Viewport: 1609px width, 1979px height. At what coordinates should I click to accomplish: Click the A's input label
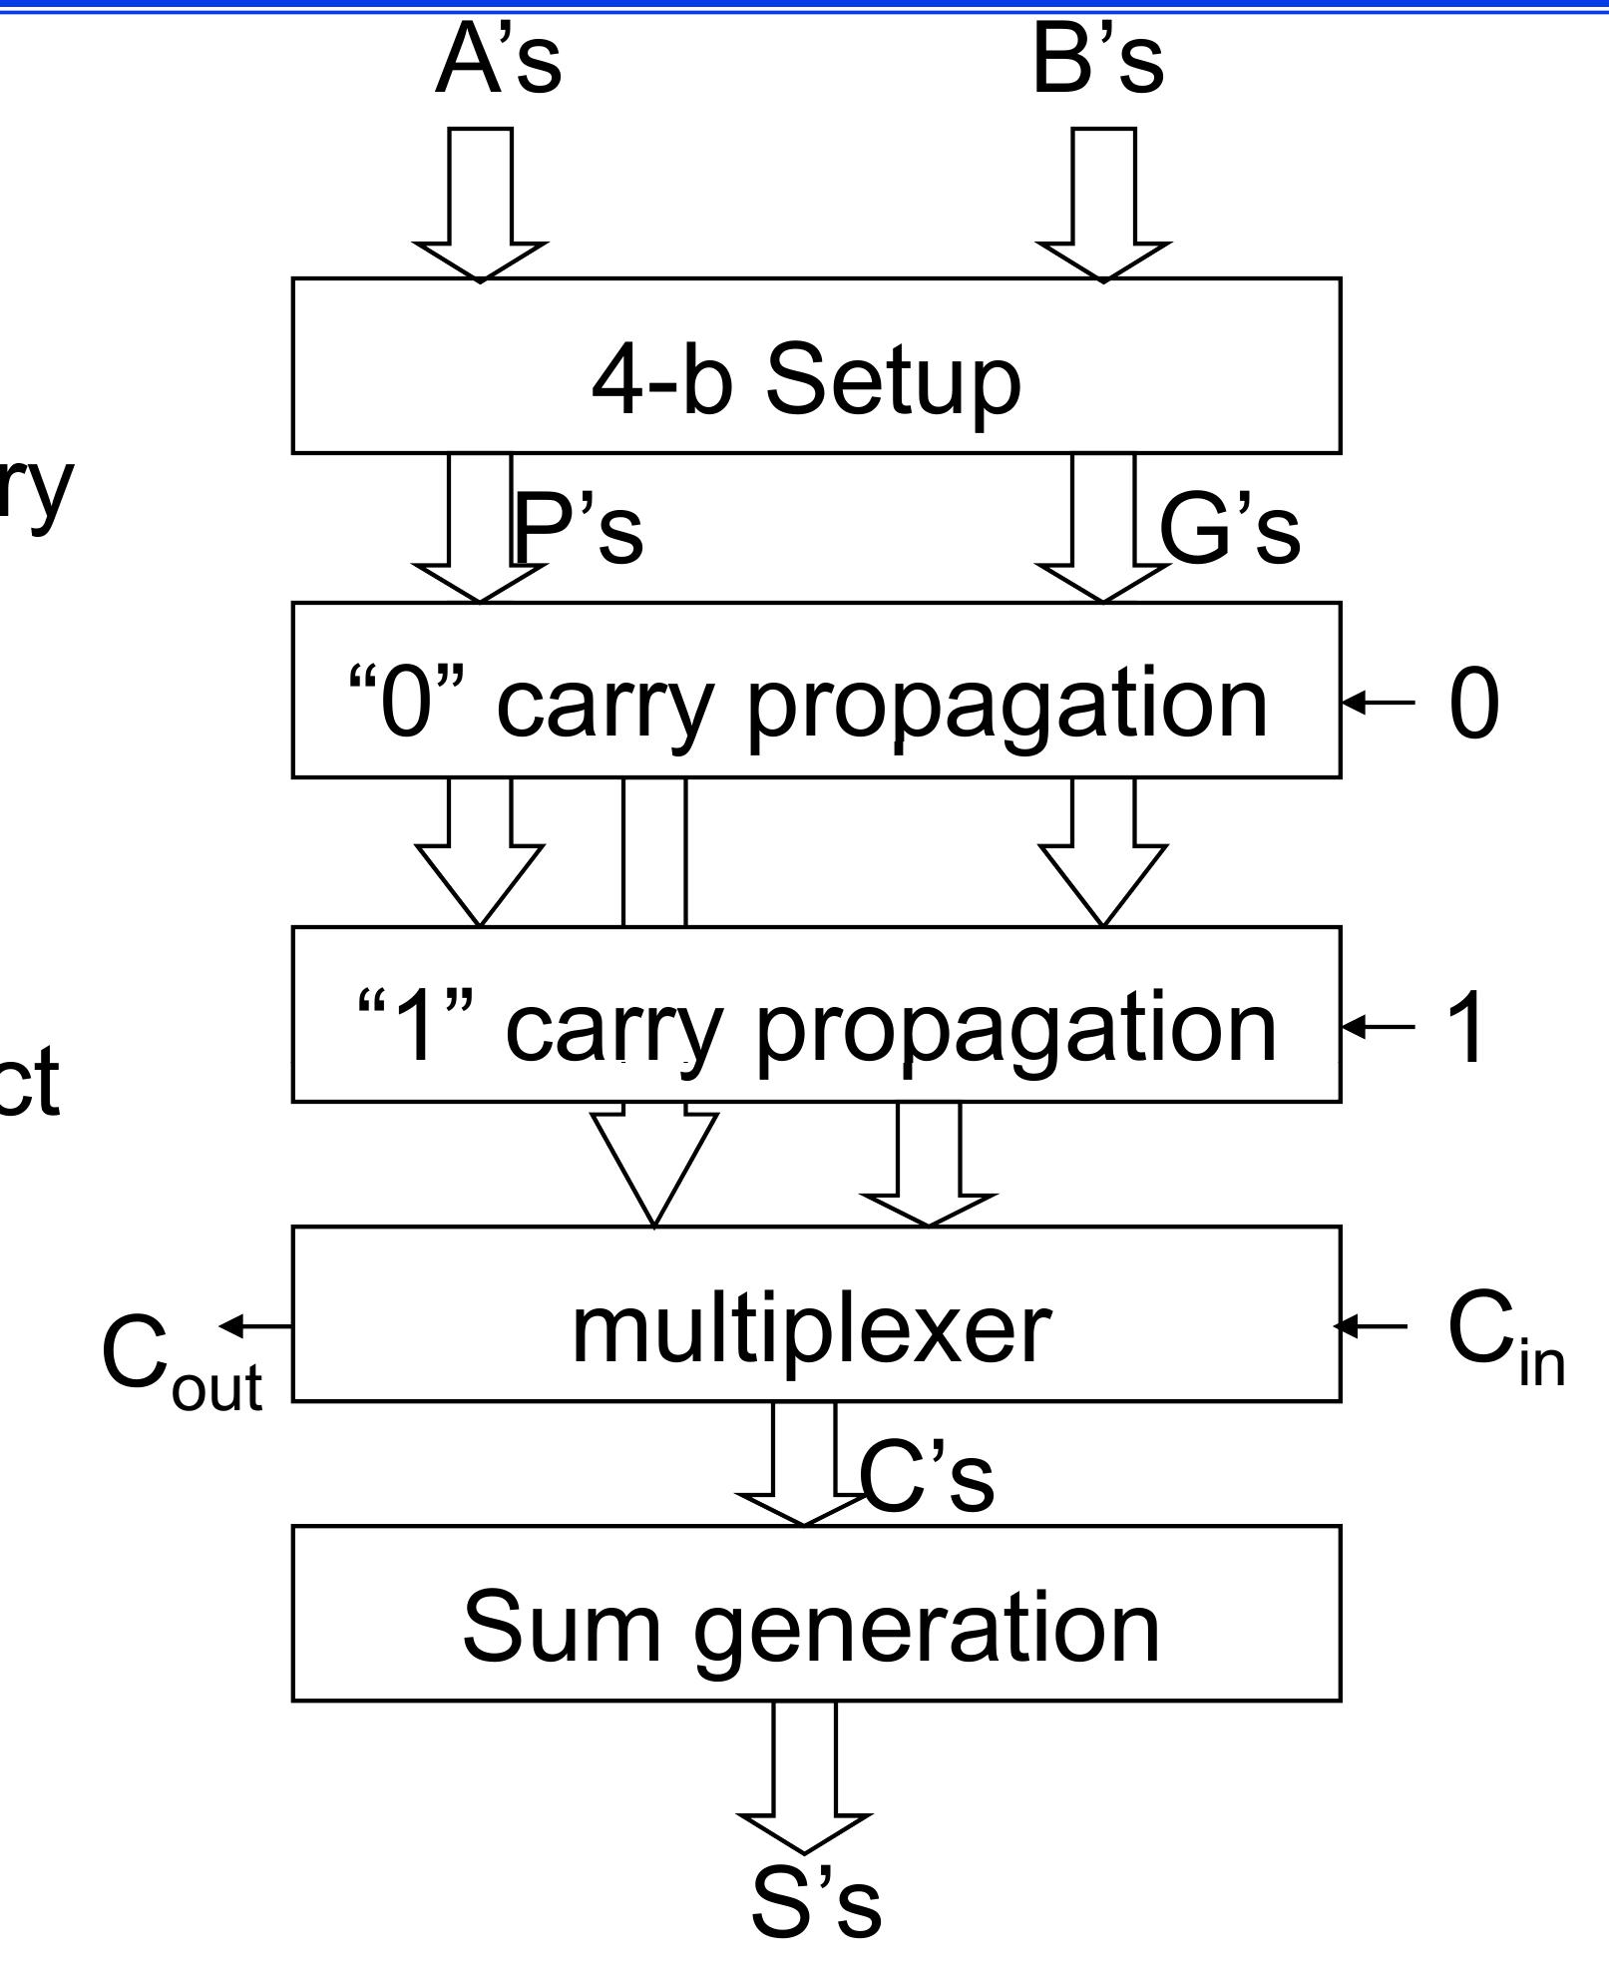point(498,61)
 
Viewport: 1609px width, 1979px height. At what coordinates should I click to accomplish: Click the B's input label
point(1097,61)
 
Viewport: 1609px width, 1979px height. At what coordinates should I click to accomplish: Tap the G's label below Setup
point(1229,529)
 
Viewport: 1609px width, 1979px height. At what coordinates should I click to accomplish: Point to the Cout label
point(181,1362)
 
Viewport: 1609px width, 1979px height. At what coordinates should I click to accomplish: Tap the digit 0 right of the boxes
point(1473,705)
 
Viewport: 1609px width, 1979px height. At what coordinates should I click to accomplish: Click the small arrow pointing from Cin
point(1372,1325)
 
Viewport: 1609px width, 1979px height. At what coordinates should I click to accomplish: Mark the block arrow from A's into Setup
point(480,205)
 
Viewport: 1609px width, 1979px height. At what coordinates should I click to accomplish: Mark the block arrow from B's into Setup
point(1103,205)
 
